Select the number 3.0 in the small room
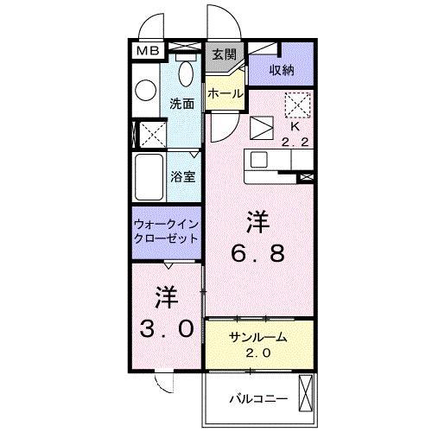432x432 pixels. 166,330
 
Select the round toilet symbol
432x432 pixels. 144,89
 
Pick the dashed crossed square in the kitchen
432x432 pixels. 296,104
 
